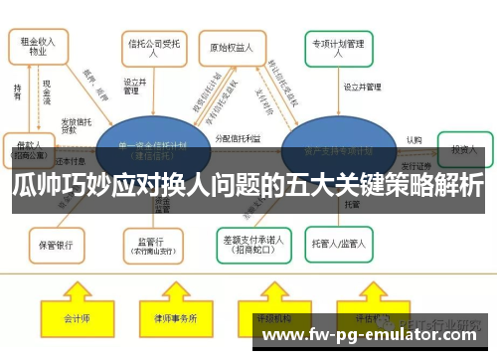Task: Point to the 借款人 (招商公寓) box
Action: click(29, 149)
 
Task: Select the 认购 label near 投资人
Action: click(414, 140)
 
